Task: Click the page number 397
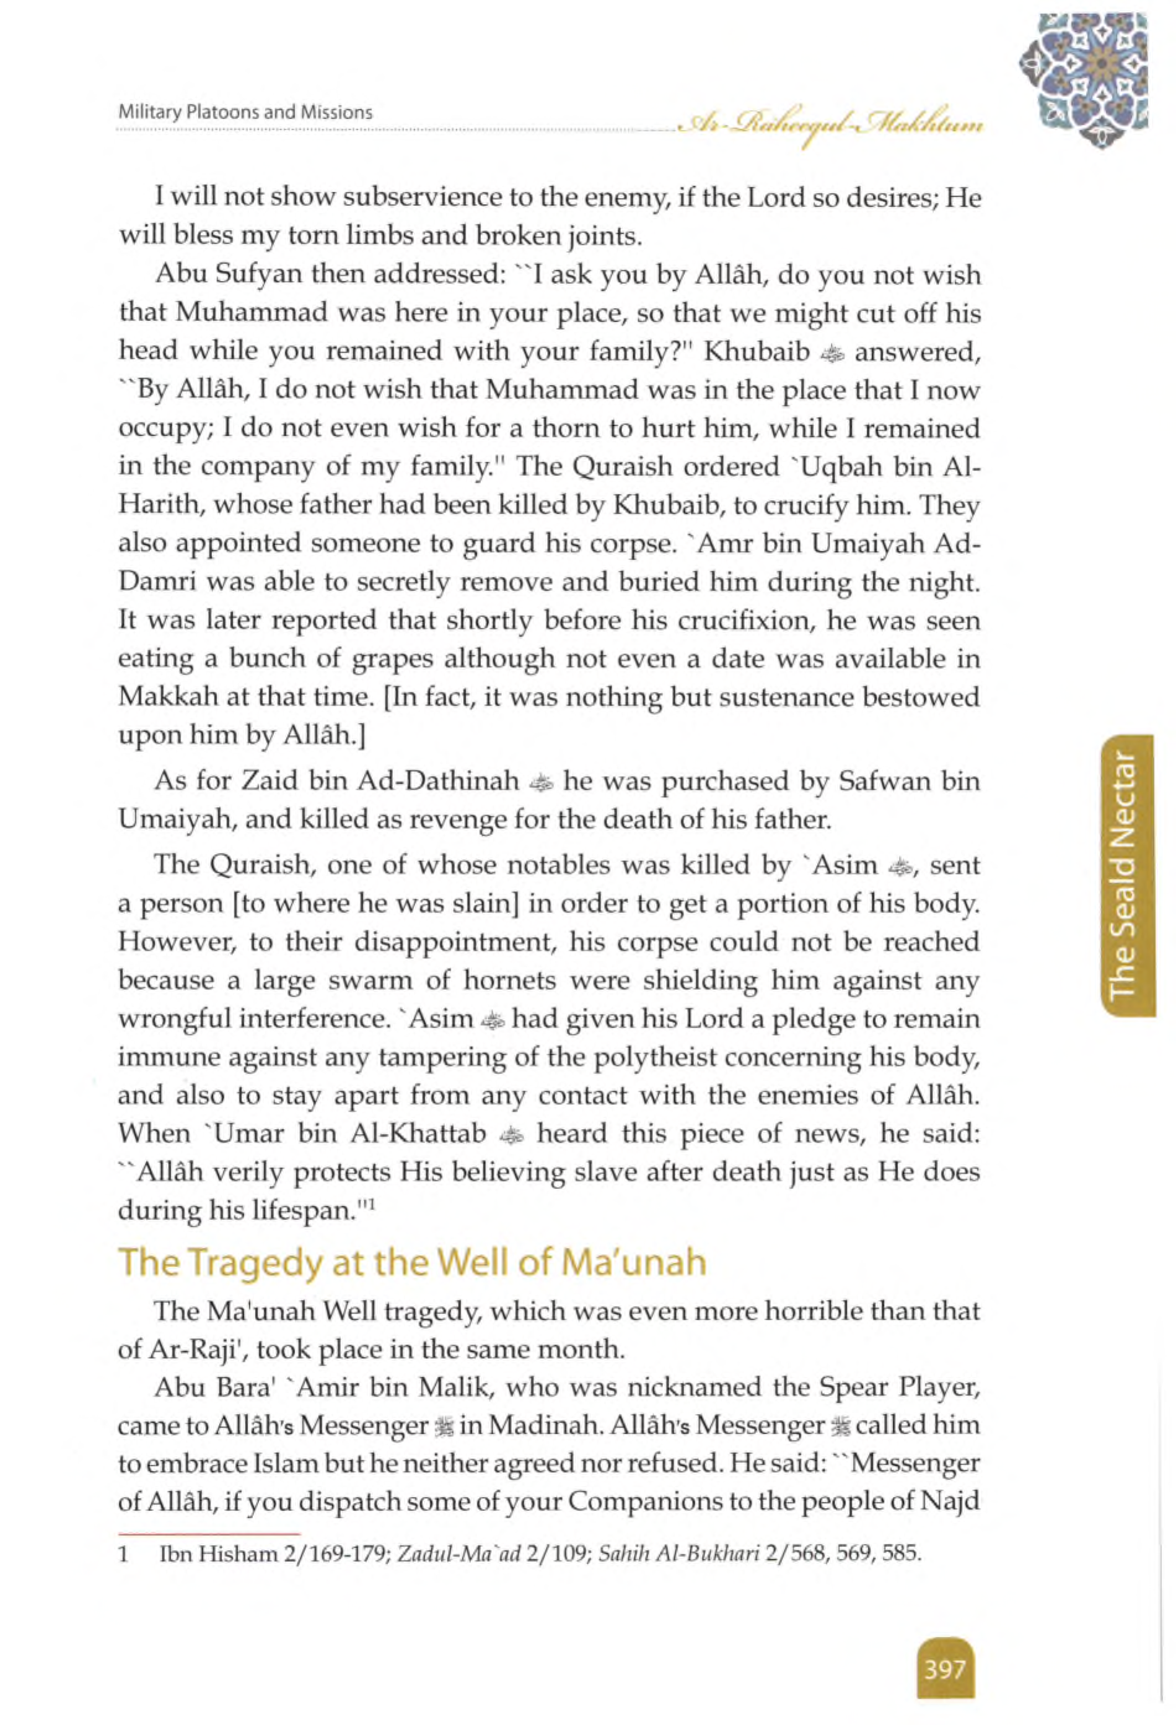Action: [x=944, y=1649]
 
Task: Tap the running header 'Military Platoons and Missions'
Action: [x=245, y=113]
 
